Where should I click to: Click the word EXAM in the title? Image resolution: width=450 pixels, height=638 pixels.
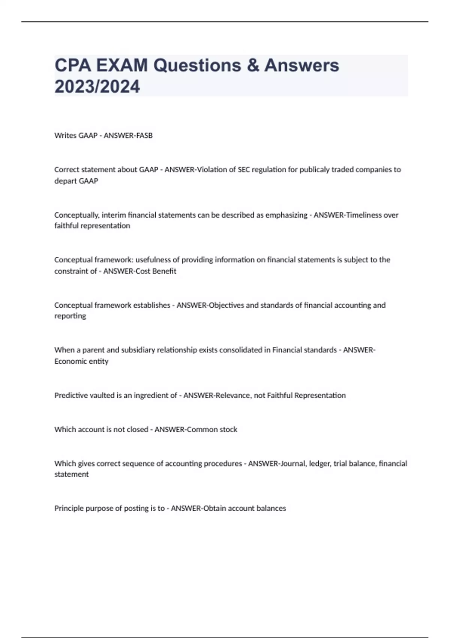[121, 65]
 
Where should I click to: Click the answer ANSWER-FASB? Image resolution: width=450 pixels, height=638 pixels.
[128, 135]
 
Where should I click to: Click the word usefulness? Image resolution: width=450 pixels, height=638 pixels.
[152, 260]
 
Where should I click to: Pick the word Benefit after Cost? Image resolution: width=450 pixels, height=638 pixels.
[164, 271]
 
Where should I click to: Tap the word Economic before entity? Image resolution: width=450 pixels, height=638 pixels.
[69, 361]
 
